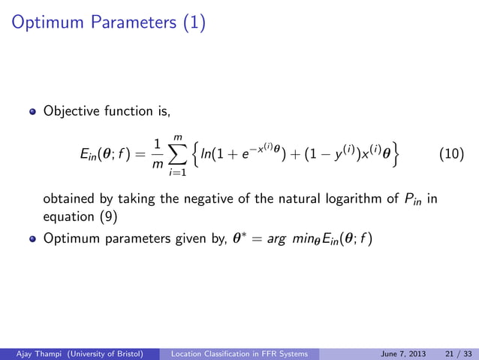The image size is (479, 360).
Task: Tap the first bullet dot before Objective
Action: coord(32,113)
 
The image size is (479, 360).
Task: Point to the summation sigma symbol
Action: coord(178,155)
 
